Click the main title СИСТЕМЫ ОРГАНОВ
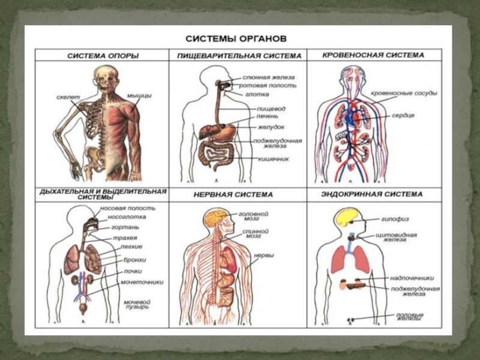[x=236, y=38]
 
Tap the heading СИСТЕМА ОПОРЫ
[x=103, y=56]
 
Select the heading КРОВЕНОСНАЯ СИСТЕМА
[x=373, y=55]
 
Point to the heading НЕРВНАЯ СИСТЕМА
[x=233, y=194]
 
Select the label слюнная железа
[x=268, y=77]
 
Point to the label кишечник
[x=273, y=159]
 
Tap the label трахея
[x=125, y=237]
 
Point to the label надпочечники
[x=412, y=278]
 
